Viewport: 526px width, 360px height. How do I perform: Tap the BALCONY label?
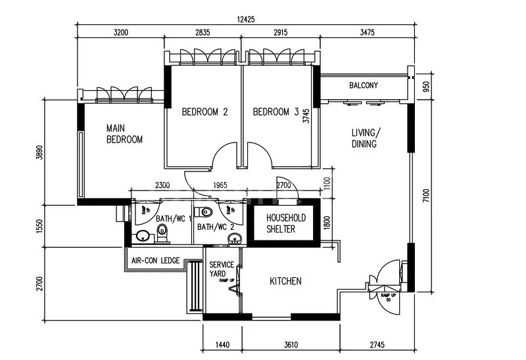pyautogui.click(x=363, y=85)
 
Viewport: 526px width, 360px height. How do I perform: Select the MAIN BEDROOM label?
pyautogui.click(x=124, y=134)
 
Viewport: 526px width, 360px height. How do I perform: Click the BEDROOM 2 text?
pyautogui.click(x=204, y=112)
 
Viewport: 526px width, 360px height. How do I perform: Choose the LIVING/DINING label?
pyautogui.click(x=364, y=138)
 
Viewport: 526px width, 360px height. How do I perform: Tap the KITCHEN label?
pyautogui.click(x=286, y=281)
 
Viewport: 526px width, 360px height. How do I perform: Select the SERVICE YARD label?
pyautogui.click(x=222, y=269)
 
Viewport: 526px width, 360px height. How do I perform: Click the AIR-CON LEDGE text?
pyautogui.click(x=155, y=261)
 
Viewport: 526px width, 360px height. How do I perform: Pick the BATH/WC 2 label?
pyautogui.click(x=215, y=227)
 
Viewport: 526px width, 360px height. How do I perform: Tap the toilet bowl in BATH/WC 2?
pyautogui.click(x=206, y=212)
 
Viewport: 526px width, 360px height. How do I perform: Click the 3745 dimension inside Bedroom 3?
pyautogui.click(x=306, y=116)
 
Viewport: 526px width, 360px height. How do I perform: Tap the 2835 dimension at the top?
pyautogui.click(x=202, y=31)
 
